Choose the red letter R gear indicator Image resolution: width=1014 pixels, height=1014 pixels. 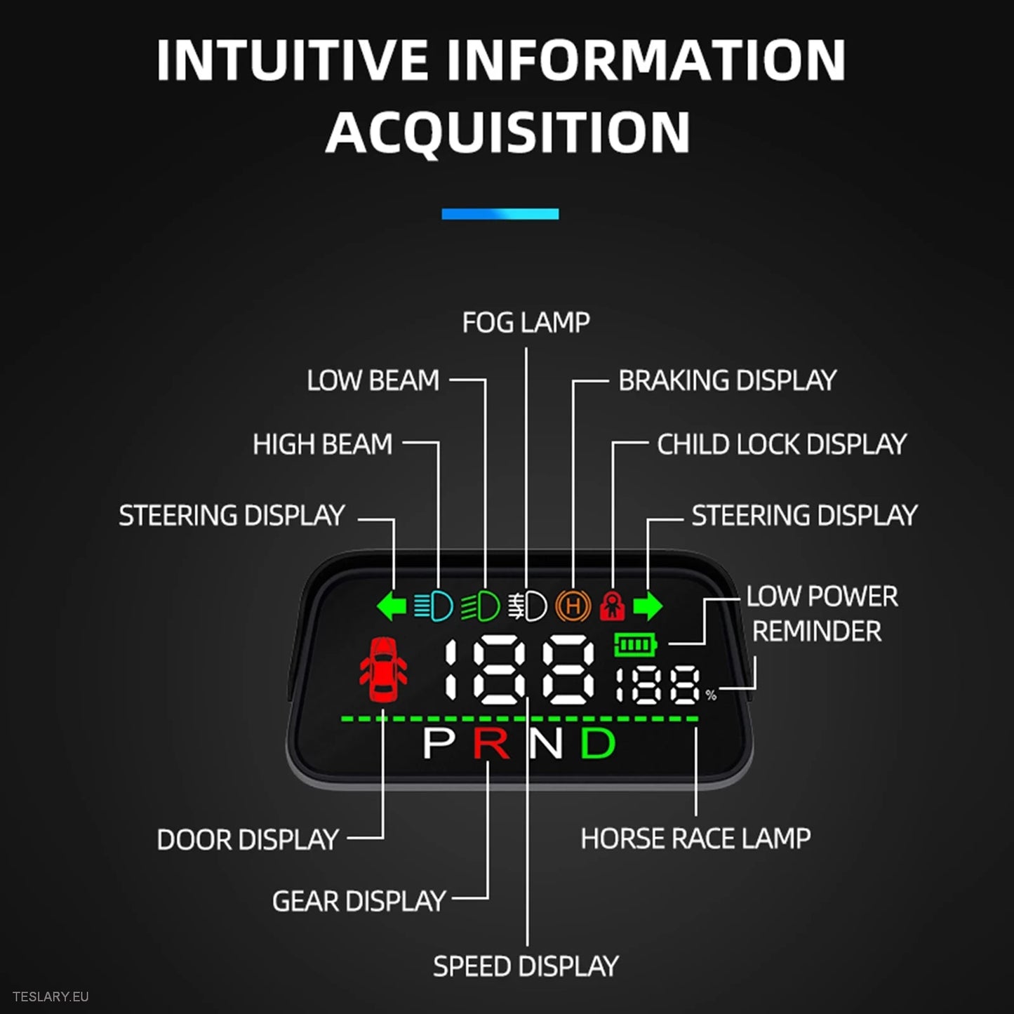point(491,744)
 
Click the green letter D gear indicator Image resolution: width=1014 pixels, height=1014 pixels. point(597,744)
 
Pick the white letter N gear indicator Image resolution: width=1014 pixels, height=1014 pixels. point(545,744)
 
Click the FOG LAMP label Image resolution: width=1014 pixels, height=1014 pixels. point(526,323)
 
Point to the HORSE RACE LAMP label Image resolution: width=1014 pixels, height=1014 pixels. point(695,839)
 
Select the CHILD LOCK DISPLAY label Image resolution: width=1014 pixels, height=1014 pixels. point(782,444)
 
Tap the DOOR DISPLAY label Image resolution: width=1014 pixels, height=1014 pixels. point(248,840)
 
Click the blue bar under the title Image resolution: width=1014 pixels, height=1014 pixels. point(500,214)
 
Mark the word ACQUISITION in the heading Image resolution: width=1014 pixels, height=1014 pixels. point(508,133)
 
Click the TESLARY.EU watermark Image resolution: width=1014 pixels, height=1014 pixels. point(51,996)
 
